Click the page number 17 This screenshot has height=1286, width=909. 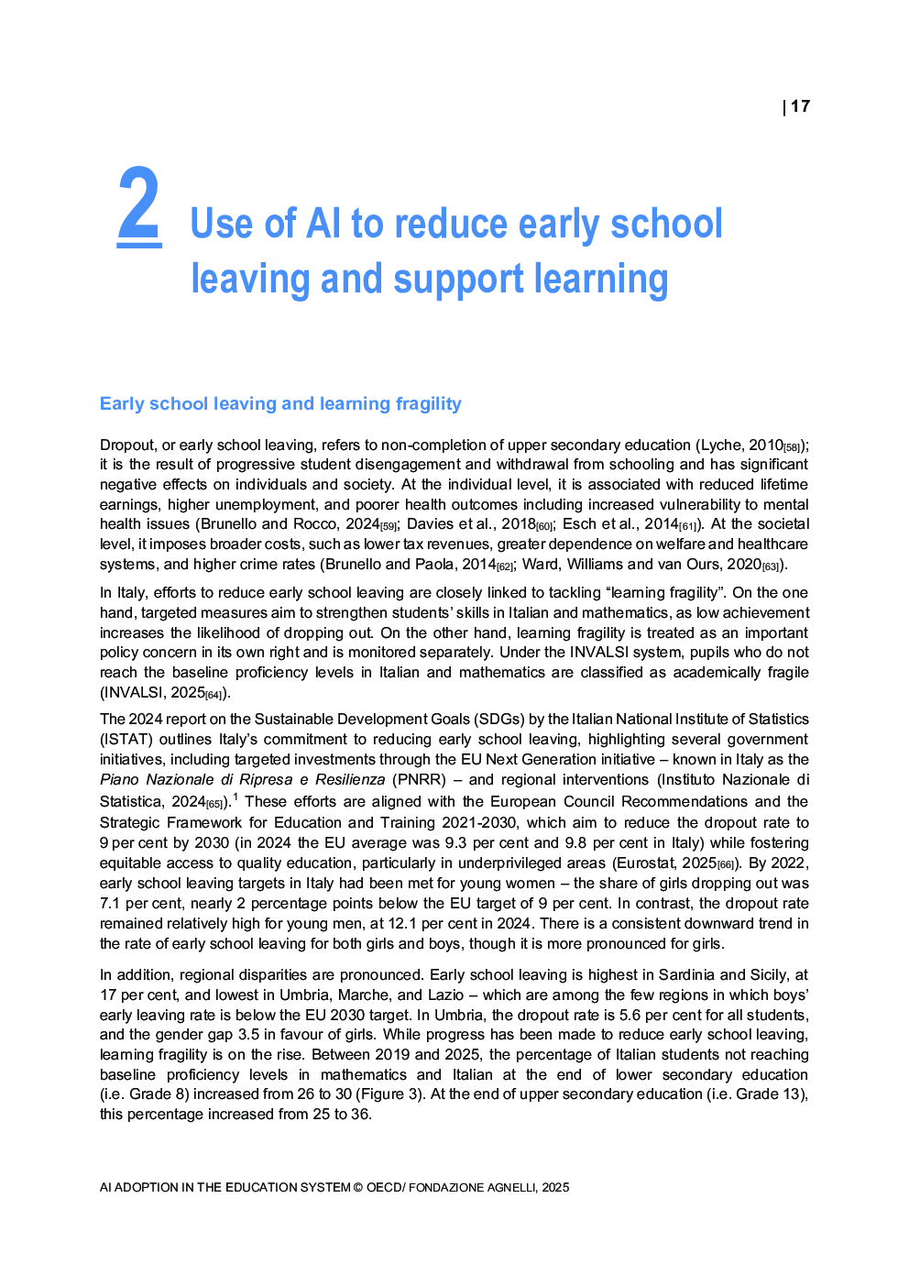point(800,106)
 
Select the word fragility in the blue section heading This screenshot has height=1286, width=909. point(429,404)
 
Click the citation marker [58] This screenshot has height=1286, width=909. point(794,448)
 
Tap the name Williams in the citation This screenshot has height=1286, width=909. point(595,565)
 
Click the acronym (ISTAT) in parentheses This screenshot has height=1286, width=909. point(126,740)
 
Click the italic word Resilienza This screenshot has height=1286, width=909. point(350,780)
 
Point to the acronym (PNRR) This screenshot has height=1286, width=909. point(420,780)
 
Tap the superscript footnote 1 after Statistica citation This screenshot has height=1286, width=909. point(235,797)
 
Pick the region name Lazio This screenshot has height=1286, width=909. point(445,995)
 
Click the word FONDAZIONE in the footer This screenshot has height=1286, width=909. point(445,1188)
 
